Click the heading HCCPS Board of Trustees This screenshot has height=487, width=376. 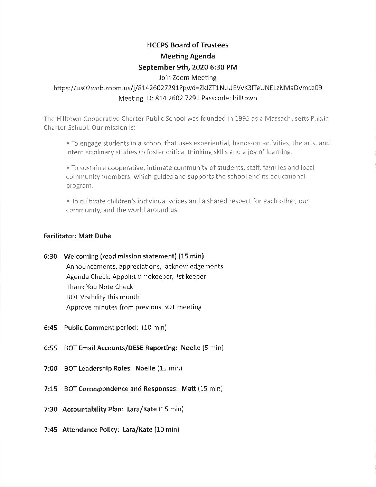[188, 45]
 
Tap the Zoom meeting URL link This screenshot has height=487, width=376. [188, 88]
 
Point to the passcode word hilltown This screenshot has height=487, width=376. [245, 98]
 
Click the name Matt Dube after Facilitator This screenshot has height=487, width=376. [95, 236]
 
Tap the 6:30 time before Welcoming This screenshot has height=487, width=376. [50, 256]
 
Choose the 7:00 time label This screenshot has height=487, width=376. [50, 368]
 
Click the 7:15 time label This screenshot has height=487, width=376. [50, 389]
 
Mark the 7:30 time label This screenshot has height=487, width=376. [50, 409]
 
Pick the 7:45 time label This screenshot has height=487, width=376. [50, 430]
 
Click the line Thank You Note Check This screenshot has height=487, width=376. [100, 287]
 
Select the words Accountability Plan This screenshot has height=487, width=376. [92, 409]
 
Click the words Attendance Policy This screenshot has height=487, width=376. [91, 430]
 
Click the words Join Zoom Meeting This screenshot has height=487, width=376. [188, 77]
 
